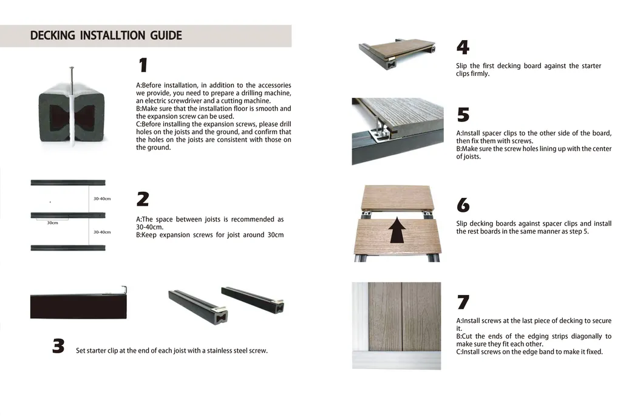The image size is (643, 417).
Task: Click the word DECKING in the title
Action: (53, 35)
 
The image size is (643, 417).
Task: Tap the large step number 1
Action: (143, 66)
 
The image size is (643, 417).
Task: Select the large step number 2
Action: (143, 199)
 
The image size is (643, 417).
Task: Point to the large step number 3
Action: (58, 346)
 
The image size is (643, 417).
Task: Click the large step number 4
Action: (463, 48)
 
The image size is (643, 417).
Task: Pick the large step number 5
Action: (463, 115)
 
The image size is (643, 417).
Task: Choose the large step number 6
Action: (463, 205)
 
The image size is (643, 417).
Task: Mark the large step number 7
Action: (463, 302)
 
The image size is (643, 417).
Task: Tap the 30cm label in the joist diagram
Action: (52, 223)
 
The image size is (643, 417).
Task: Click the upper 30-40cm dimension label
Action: (102, 198)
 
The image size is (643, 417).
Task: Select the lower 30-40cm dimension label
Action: (102, 232)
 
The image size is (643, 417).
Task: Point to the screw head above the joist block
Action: (72, 69)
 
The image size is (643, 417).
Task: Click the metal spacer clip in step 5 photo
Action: (381, 129)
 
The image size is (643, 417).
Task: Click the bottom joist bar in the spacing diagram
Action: (67, 248)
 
